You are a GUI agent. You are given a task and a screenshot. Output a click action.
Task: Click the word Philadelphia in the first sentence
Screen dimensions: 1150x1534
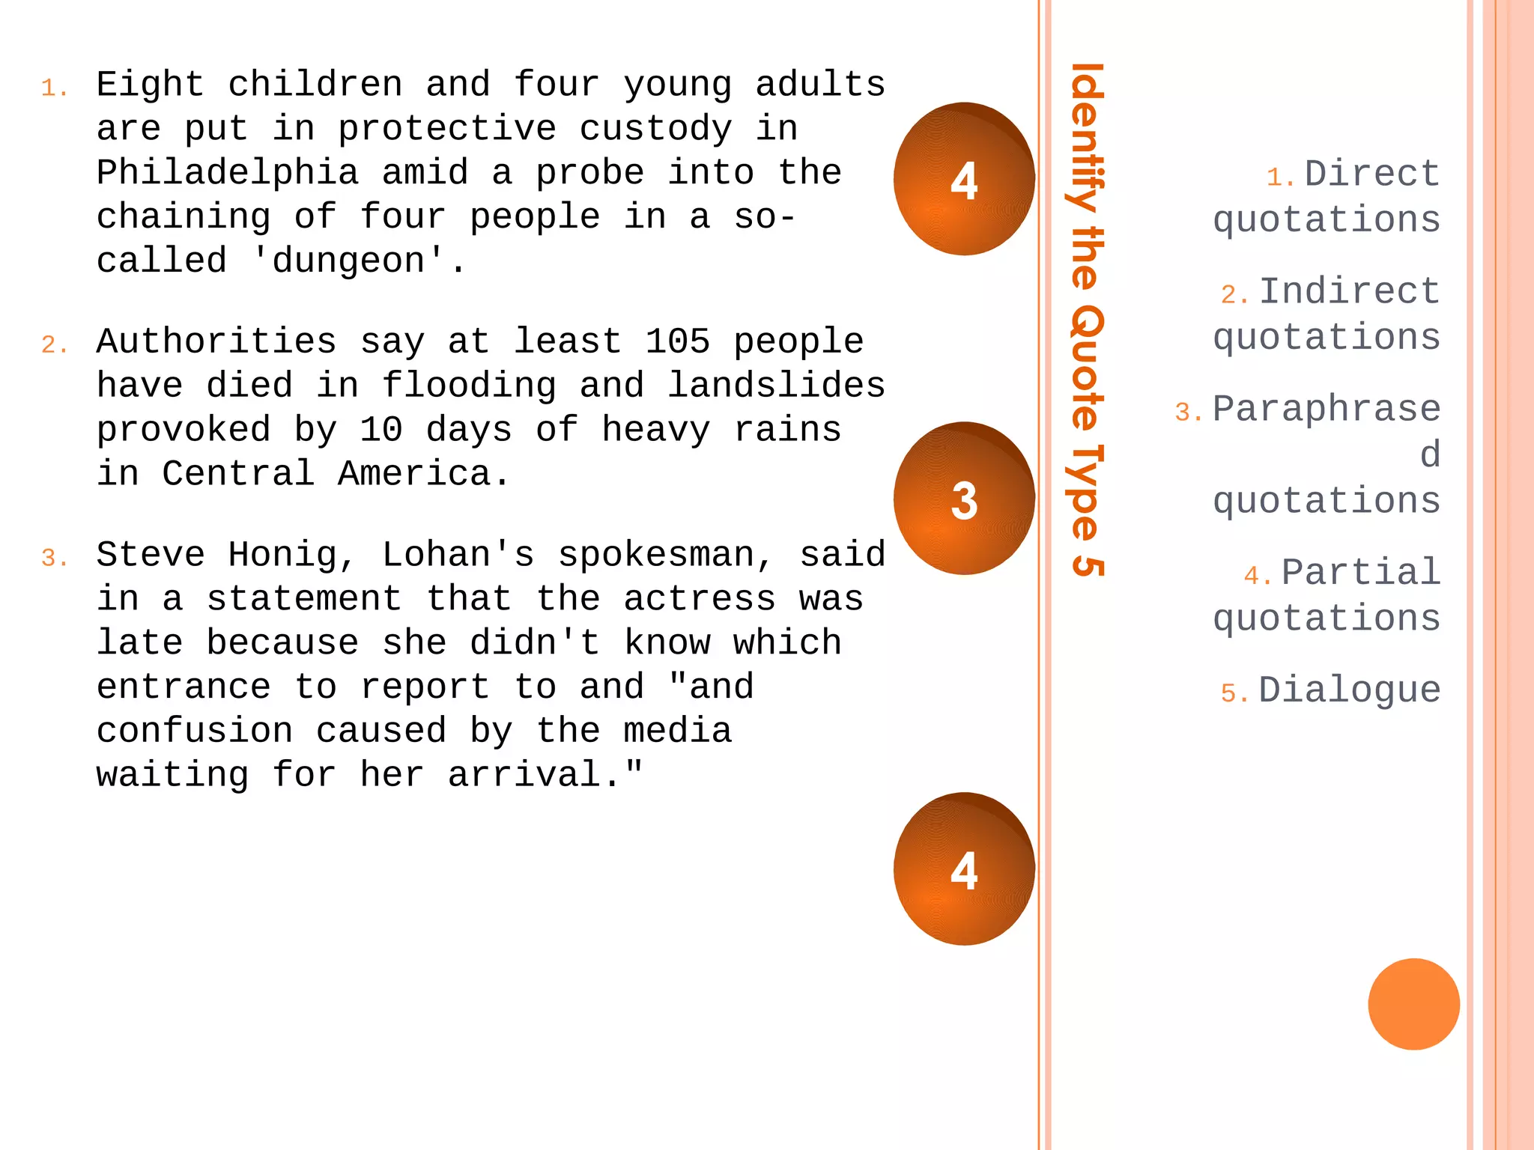pos(227,173)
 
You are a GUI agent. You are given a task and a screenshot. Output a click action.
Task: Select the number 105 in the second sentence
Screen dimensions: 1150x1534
pos(677,341)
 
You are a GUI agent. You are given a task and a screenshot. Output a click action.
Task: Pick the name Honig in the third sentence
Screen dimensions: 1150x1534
pos(293,556)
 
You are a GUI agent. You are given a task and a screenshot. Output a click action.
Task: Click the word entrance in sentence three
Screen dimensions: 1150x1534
pos(184,687)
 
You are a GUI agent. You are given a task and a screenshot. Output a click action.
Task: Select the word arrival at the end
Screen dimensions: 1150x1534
pos(534,775)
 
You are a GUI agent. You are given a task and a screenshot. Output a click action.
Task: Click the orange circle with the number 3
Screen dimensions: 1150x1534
pos(964,499)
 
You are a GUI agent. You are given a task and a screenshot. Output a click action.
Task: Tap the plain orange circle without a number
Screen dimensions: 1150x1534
pos(1413,1004)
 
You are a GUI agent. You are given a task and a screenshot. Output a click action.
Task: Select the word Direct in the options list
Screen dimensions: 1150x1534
pos(1371,174)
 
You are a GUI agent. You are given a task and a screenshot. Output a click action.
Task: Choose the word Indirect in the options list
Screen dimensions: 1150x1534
pos(1349,291)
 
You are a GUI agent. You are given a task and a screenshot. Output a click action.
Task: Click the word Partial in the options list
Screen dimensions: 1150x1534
pos(1360,573)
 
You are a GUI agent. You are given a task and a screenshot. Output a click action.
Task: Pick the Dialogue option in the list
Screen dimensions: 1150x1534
pos(1349,690)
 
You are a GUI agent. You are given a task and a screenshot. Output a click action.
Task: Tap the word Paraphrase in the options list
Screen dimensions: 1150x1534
pos(1327,410)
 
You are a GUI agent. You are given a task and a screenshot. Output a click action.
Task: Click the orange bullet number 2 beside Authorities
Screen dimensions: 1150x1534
pos(54,345)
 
